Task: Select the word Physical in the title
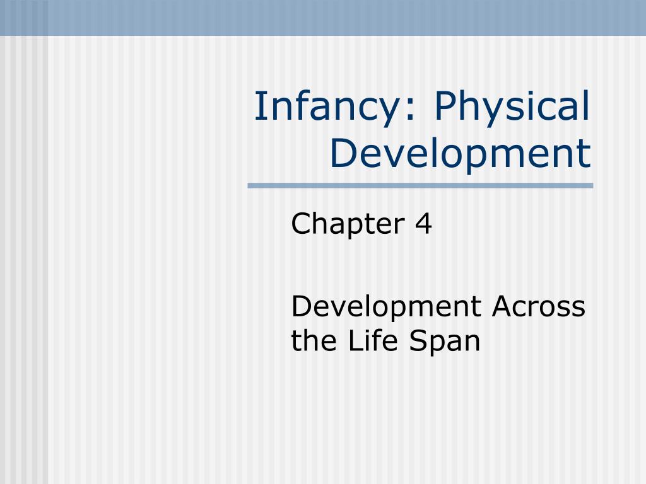(x=512, y=108)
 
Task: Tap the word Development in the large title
(x=461, y=154)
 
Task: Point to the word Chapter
(x=348, y=224)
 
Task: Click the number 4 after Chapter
(x=423, y=225)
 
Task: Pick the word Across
(x=538, y=307)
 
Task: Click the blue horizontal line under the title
(x=420, y=186)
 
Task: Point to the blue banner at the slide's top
(x=323, y=17)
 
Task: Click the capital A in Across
(x=502, y=307)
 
